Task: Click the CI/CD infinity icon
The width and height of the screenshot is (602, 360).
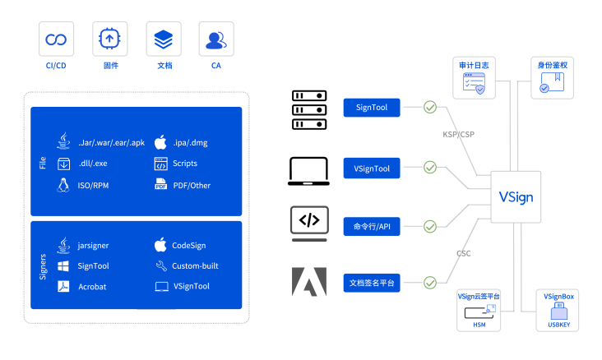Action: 56,39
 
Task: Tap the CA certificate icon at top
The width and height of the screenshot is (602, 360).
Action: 216,39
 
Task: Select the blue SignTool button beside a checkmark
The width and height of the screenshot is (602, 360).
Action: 372,107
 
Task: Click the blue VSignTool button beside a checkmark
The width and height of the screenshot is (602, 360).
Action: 372,168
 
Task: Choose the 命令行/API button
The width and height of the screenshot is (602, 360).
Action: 372,226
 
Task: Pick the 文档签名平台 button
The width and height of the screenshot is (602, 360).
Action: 372,284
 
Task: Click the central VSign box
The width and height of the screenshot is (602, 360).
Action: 516,196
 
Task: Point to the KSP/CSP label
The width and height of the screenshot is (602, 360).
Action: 459,133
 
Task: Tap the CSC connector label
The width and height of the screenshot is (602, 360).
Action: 464,253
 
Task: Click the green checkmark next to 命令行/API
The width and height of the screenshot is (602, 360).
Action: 430,226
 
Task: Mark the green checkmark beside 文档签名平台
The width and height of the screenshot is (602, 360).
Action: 430,284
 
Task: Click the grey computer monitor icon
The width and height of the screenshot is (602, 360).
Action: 309,223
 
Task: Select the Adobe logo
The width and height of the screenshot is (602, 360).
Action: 309,281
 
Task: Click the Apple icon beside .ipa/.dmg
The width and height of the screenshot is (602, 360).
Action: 161,142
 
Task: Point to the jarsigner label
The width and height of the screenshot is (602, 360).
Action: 94,245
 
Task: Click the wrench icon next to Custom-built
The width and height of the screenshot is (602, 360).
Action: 161,265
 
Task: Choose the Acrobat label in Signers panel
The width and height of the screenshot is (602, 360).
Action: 92,286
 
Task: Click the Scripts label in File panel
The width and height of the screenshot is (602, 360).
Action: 185,164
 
